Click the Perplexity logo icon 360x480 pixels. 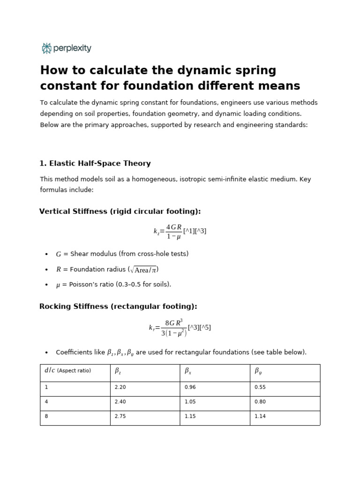(x=46, y=48)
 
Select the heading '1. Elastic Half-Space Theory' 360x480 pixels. (x=95, y=164)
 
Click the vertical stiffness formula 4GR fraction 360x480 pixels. (x=173, y=231)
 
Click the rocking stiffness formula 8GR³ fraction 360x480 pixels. (x=174, y=328)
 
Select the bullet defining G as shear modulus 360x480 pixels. (x=122, y=254)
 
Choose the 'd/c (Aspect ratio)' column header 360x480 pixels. (x=68, y=371)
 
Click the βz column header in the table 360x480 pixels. (x=118, y=371)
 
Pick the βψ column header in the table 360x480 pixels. (x=258, y=371)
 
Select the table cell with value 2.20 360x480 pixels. (x=120, y=387)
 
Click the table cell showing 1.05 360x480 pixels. (x=190, y=402)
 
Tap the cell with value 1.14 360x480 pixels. (x=260, y=416)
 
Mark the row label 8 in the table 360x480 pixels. (x=46, y=416)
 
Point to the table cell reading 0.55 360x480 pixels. (x=260, y=387)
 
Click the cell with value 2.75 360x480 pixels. (x=120, y=416)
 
